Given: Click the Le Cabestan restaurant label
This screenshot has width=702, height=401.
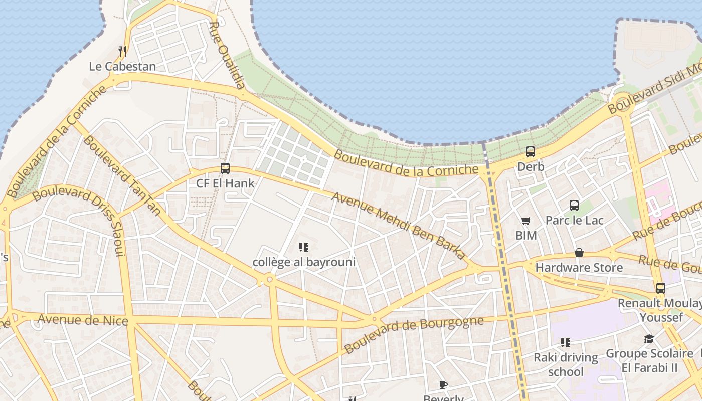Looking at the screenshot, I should click(122, 66).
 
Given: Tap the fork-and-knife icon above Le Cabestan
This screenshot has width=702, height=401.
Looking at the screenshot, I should click(122, 51).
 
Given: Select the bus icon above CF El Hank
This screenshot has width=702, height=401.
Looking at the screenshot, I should click(225, 168).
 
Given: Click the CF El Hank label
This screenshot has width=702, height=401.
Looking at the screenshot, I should click(225, 183).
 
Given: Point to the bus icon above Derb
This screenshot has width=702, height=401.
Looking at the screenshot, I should click(531, 151).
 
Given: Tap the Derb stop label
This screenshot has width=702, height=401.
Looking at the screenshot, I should click(531, 166).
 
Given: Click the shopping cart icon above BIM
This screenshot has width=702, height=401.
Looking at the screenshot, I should click(525, 221).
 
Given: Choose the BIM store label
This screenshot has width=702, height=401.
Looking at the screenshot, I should click(526, 235).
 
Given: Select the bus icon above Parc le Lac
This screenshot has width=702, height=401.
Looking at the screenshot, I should click(574, 205).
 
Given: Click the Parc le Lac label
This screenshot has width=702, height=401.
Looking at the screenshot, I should click(574, 220).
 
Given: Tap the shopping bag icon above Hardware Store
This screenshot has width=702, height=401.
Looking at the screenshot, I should click(579, 253).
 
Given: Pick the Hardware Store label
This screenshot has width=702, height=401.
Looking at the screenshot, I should click(579, 267).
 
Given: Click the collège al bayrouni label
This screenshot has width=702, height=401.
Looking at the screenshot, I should click(304, 262).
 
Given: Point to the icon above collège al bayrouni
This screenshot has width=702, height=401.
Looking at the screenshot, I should click(303, 247).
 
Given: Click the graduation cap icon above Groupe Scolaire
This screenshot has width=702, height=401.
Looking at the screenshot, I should click(649, 339).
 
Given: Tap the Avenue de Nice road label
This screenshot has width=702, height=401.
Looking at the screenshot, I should click(83, 319).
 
